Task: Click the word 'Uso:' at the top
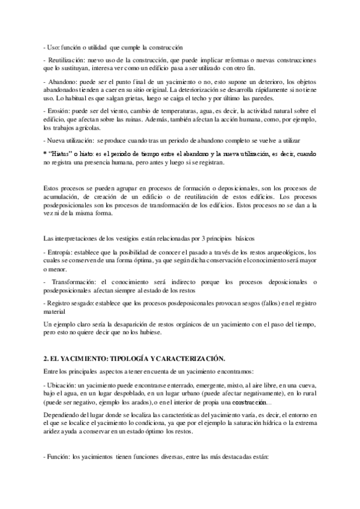tap(53, 47)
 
